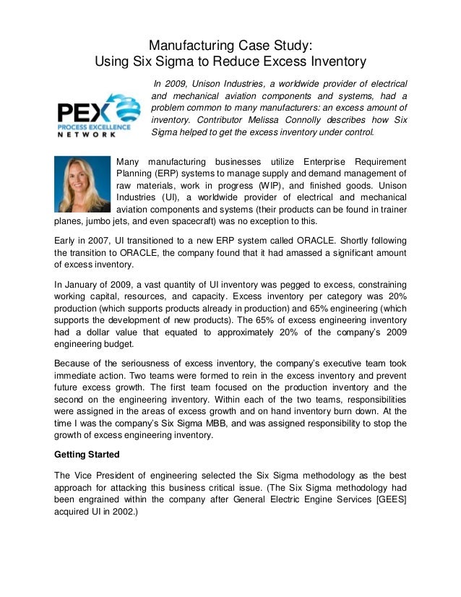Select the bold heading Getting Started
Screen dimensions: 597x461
pos(90,456)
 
